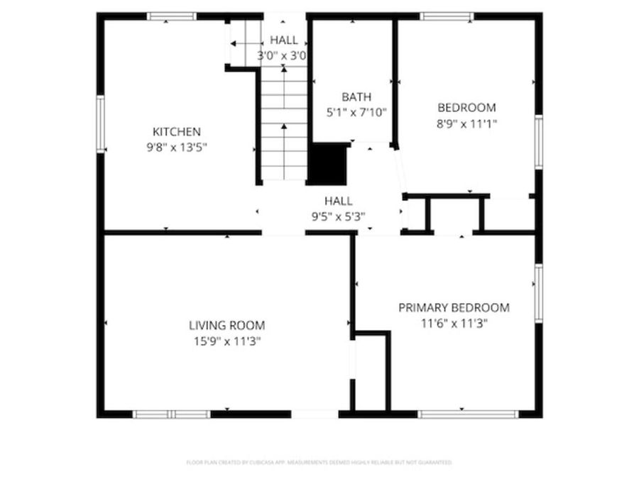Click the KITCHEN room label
point(177,132)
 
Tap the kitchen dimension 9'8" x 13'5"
point(177,147)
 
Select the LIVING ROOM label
point(226,326)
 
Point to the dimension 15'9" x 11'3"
point(226,341)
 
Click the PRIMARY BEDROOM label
point(454,307)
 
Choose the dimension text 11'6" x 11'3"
point(454,323)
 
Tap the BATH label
point(356,97)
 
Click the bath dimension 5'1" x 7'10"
point(356,112)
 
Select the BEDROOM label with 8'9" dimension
point(466,108)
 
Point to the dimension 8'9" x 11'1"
point(466,123)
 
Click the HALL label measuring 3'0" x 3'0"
point(283,40)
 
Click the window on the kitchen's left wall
point(101,123)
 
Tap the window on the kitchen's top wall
point(172,16)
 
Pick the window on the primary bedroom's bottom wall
point(468,414)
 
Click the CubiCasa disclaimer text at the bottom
point(319,463)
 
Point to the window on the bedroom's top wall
point(446,16)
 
